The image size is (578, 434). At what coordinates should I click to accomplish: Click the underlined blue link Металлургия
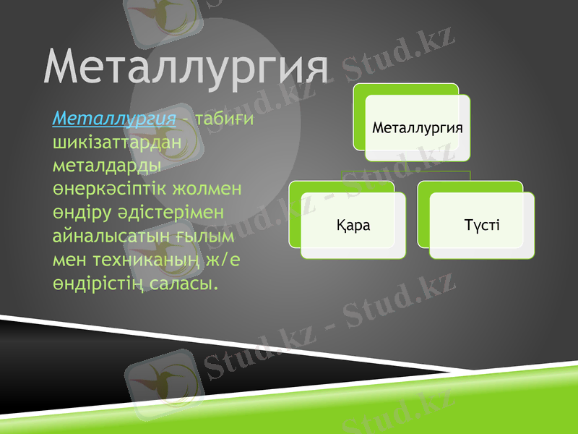click(114, 118)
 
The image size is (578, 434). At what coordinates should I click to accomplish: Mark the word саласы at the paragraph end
click(186, 283)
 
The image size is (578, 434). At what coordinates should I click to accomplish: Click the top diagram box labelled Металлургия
click(417, 127)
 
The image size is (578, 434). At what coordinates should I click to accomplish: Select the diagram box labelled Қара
click(353, 225)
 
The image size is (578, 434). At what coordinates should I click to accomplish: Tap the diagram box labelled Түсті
click(482, 225)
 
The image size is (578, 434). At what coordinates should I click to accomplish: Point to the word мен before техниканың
click(69, 259)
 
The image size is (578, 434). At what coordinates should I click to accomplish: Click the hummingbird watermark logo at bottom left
click(162, 380)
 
